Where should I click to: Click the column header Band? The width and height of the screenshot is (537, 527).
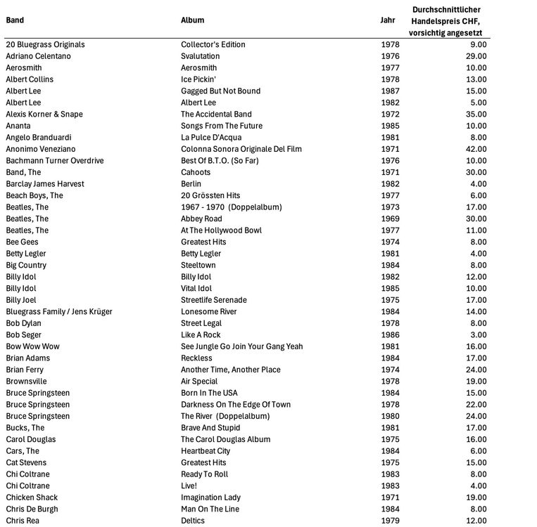click(x=15, y=20)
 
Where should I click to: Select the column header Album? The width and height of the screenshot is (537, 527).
click(x=192, y=20)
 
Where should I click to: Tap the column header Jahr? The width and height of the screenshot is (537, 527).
click(x=388, y=20)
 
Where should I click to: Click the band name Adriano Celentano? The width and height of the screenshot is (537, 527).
click(x=38, y=56)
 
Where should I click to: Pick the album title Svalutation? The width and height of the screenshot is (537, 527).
click(x=200, y=56)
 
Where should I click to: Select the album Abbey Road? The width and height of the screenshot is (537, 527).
click(x=201, y=219)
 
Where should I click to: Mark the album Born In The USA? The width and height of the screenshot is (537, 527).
click(x=210, y=393)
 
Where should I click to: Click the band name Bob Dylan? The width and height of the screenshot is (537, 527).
click(x=25, y=323)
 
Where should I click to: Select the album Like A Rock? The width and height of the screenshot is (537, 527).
click(x=201, y=334)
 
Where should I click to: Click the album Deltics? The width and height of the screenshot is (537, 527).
click(x=192, y=520)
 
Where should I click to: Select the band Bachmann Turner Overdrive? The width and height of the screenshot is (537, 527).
click(x=54, y=160)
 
